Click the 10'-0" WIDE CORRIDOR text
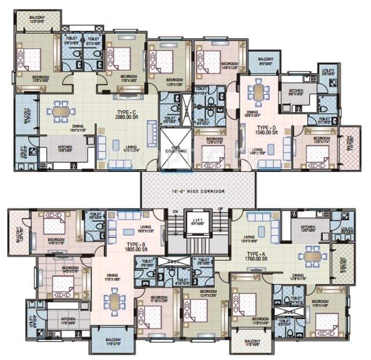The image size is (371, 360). (x=195, y=191)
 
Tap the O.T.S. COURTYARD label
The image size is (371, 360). (x=172, y=151)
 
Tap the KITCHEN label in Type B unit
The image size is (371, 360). (x=67, y=318)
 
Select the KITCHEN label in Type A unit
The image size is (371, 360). (x=308, y=227)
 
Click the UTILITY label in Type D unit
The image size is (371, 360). (x=328, y=70)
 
